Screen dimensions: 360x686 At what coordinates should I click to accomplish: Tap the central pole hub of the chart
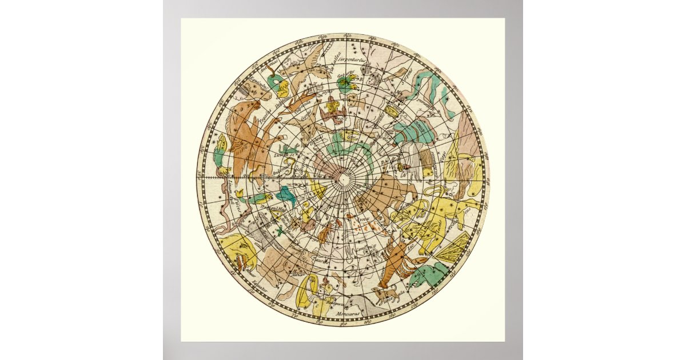[x=344, y=179]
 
